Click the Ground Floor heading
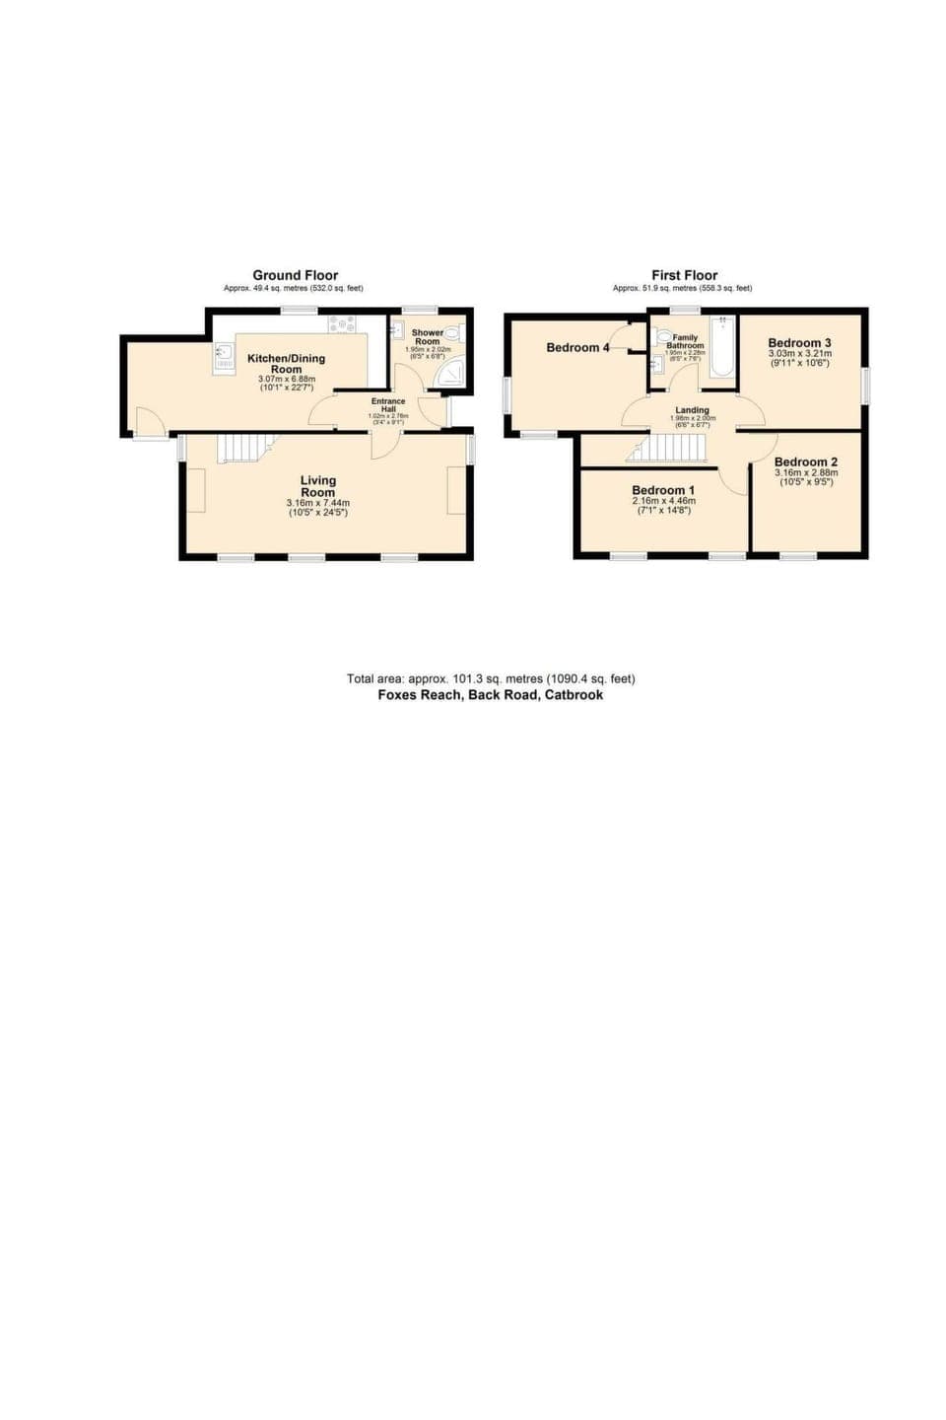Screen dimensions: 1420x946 pos(295,275)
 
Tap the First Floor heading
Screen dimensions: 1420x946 pos(684,275)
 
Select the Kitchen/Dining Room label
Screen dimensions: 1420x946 pos(286,363)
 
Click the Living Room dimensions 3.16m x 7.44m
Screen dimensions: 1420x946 pos(317,502)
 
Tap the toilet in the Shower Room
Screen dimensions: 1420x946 pos(453,333)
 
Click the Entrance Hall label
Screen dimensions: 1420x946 pos(388,405)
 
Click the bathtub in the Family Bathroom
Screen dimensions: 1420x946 pos(722,346)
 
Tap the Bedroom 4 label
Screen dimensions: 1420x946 pos(577,347)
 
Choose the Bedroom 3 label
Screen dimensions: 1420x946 pos(799,343)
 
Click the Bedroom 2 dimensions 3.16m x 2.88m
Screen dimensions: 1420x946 pos(806,472)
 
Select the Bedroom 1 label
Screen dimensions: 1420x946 pos(663,490)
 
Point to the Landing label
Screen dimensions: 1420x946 pos(692,410)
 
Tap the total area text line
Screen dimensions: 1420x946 pos(491,678)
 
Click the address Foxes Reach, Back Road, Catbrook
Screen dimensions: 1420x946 pos(491,694)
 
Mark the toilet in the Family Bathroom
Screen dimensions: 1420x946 pos(663,336)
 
